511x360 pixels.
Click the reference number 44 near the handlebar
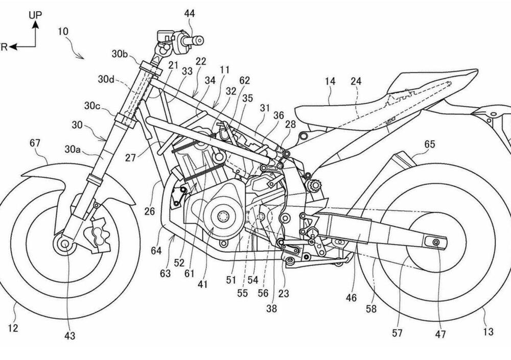tap(190, 14)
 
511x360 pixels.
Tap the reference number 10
tap(63, 31)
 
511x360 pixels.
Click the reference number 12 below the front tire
tap(13, 328)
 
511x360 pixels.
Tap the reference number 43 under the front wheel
tap(69, 335)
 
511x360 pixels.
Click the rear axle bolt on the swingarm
tap(436, 242)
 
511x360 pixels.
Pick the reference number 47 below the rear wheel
tap(440, 334)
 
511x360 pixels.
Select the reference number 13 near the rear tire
tap(488, 332)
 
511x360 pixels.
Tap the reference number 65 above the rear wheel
tap(429, 145)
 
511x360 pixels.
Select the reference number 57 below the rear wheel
tap(397, 333)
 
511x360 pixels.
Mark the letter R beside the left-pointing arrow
tap(4, 47)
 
